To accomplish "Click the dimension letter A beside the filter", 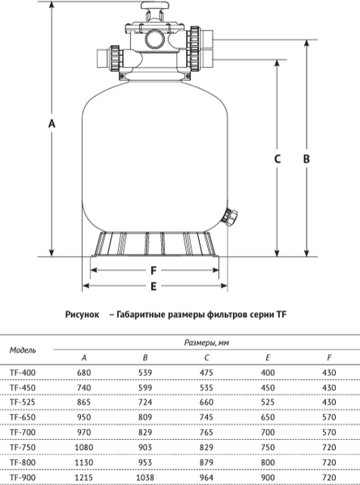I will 52,124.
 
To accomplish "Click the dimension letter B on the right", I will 307,159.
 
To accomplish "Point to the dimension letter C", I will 277,159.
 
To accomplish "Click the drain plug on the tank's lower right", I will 232,217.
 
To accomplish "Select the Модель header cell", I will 23,350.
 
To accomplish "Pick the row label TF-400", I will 23,372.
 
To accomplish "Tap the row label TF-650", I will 23,415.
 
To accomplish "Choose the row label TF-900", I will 23,479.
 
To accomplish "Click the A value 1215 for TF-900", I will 84,479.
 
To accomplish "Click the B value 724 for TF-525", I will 145,401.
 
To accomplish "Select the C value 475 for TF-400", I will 206,372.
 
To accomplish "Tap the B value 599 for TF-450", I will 145,386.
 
